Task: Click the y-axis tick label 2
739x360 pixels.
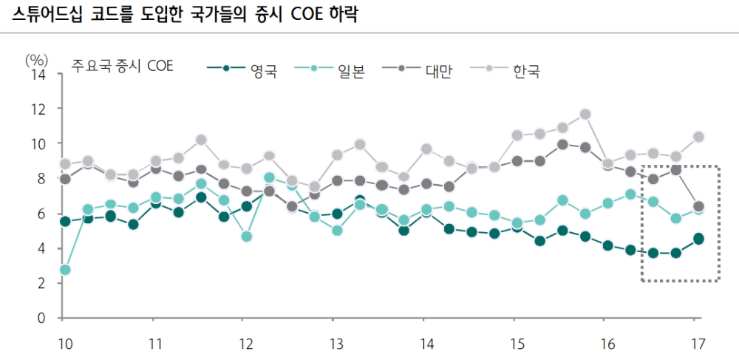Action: point(43,283)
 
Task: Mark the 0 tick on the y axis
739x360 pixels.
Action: point(43,318)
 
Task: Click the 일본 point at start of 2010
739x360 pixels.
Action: point(64,270)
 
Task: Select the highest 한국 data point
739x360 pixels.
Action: point(585,114)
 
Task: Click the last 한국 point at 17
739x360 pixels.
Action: point(698,136)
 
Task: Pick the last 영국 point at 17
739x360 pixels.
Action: point(698,238)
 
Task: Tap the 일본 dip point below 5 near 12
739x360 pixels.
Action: point(246,237)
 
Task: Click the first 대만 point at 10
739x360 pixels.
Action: point(64,179)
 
